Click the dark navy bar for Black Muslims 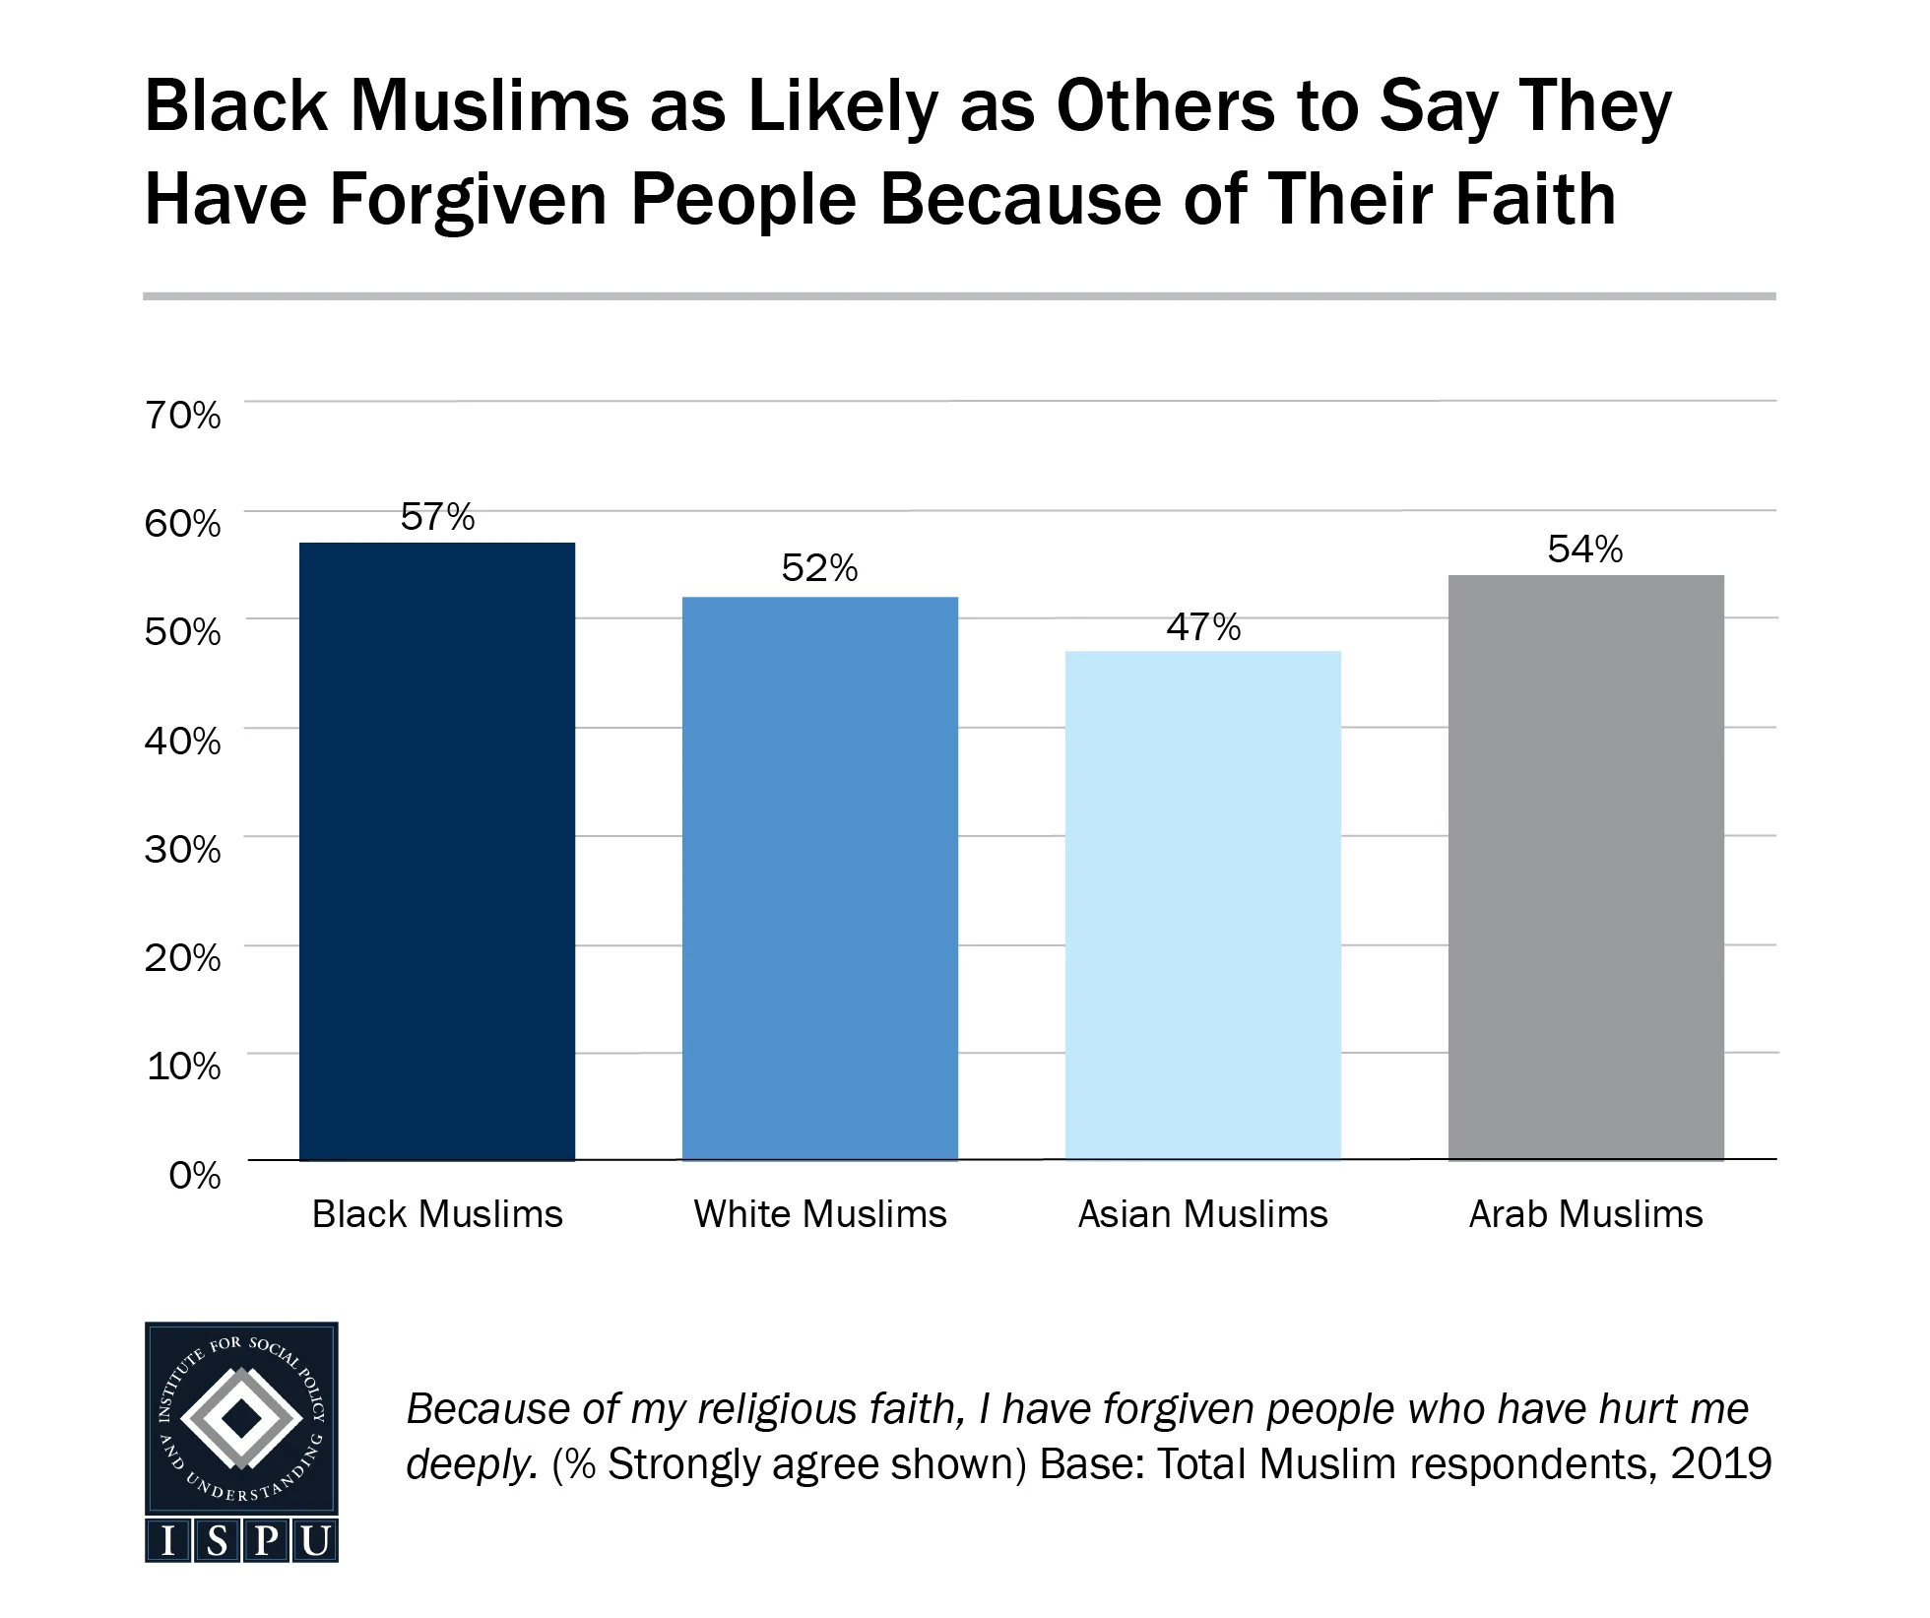pyautogui.click(x=436, y=851)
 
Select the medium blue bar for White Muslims pyautogui.click(x=819, y=877)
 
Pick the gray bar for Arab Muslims pyautogui.click(x=1585, y=867)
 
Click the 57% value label pyautogui.click(x=437, y=517)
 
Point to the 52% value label pyautogui.click(x=819, y=568)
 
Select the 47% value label pyautogui.click(x=1202, y=627)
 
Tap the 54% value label pyautogui.click(x=1584, y=550)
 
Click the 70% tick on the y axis pyautogui.click(x=183, y=416)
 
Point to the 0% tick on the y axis pyautogui.click(x=194, y=1175)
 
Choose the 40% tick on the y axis pyautogui.click(x=183, y=741)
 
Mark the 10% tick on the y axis pyautogui.click(x=183, y=1067)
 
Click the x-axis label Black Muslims pyautogui.click(x=437, y=1214)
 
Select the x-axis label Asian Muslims pyautogui.click(x=1202, y=1214)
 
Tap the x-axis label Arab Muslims pyautogui.click(x=1585, y=1214)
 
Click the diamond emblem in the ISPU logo pyautogui.click(x=241, y=1419)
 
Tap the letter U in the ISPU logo pyautogui.click(x=315, y=1541)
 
